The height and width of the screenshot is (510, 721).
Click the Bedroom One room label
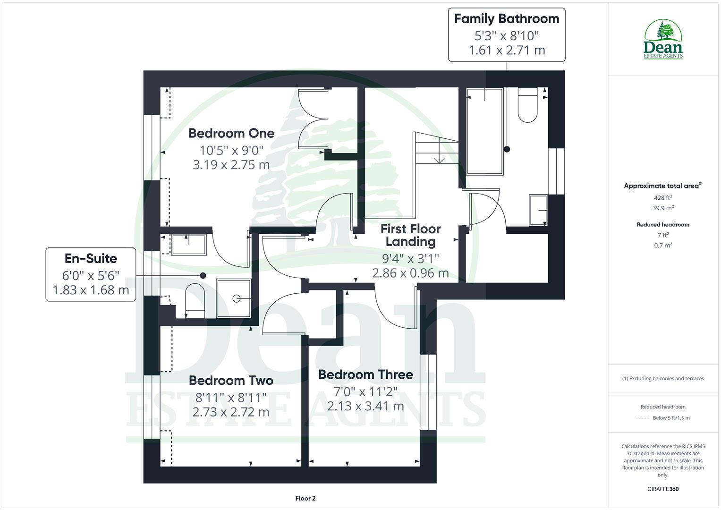(231, 133)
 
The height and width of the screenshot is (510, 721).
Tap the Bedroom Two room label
(231, 381)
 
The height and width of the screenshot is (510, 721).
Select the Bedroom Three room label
(365, 374)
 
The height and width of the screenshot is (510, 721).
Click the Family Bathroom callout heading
(506, 19)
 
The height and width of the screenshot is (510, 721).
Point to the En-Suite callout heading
(91, 258)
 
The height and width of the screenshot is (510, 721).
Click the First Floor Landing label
(410, 235)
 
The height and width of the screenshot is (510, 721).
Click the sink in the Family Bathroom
(538, 210)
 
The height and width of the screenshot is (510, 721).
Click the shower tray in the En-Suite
(234, 298)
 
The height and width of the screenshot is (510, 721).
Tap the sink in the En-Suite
(188, 245)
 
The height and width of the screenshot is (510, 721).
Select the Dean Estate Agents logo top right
(663, 40)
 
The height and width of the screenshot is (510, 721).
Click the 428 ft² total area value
(663, 198)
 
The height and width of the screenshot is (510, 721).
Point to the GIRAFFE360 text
(663, 489)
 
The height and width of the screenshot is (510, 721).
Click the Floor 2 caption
(305, 498)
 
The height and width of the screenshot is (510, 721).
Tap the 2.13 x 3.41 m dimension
(365, 406)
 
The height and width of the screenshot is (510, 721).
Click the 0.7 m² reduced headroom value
(663, 245)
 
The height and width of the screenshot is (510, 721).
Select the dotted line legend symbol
(642, 418)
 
